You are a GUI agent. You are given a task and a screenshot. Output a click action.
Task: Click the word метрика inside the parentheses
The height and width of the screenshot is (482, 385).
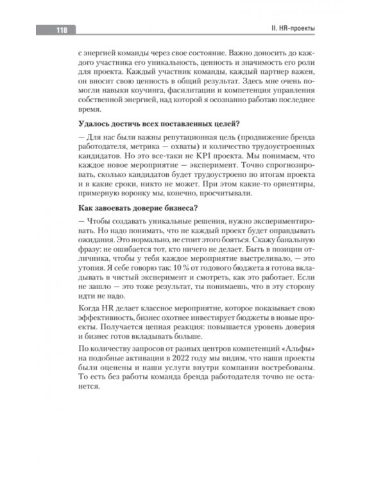[127, 145]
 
